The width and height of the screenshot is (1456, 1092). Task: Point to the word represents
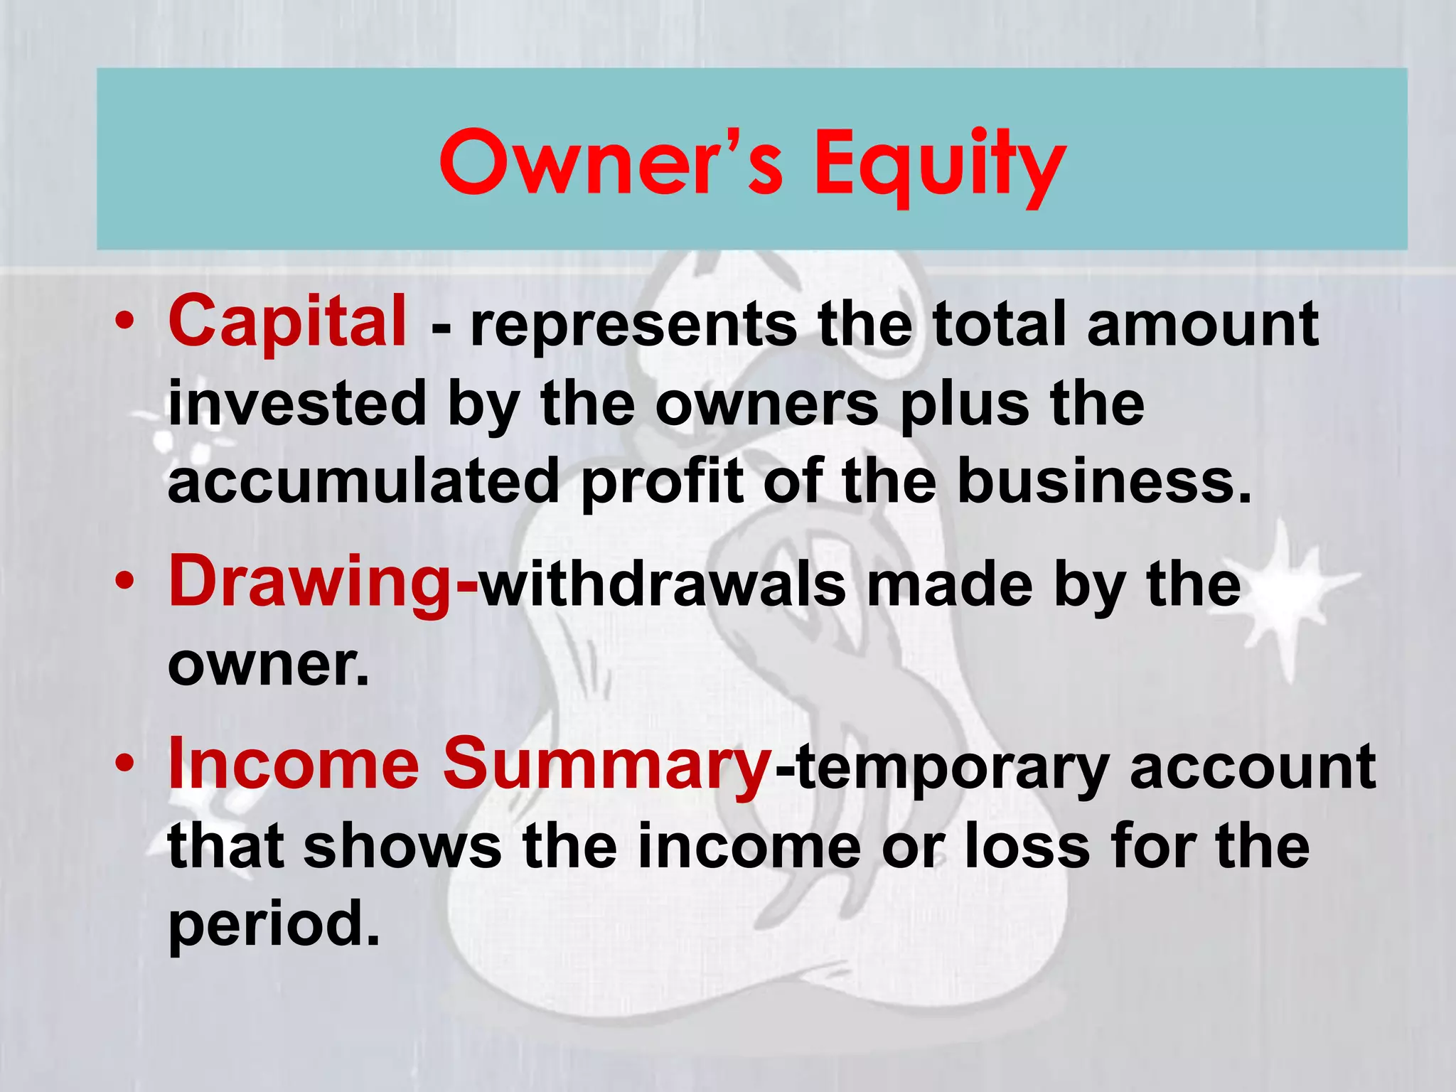pyautogui.click(x=633, y=326)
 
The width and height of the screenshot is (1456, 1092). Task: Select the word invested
pyautogui.click(x=296, y=404)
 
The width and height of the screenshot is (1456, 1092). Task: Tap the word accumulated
pyautogui.click(x=363, y=481)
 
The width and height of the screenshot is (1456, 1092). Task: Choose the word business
pyautogui.click(x=1102, y=481)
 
